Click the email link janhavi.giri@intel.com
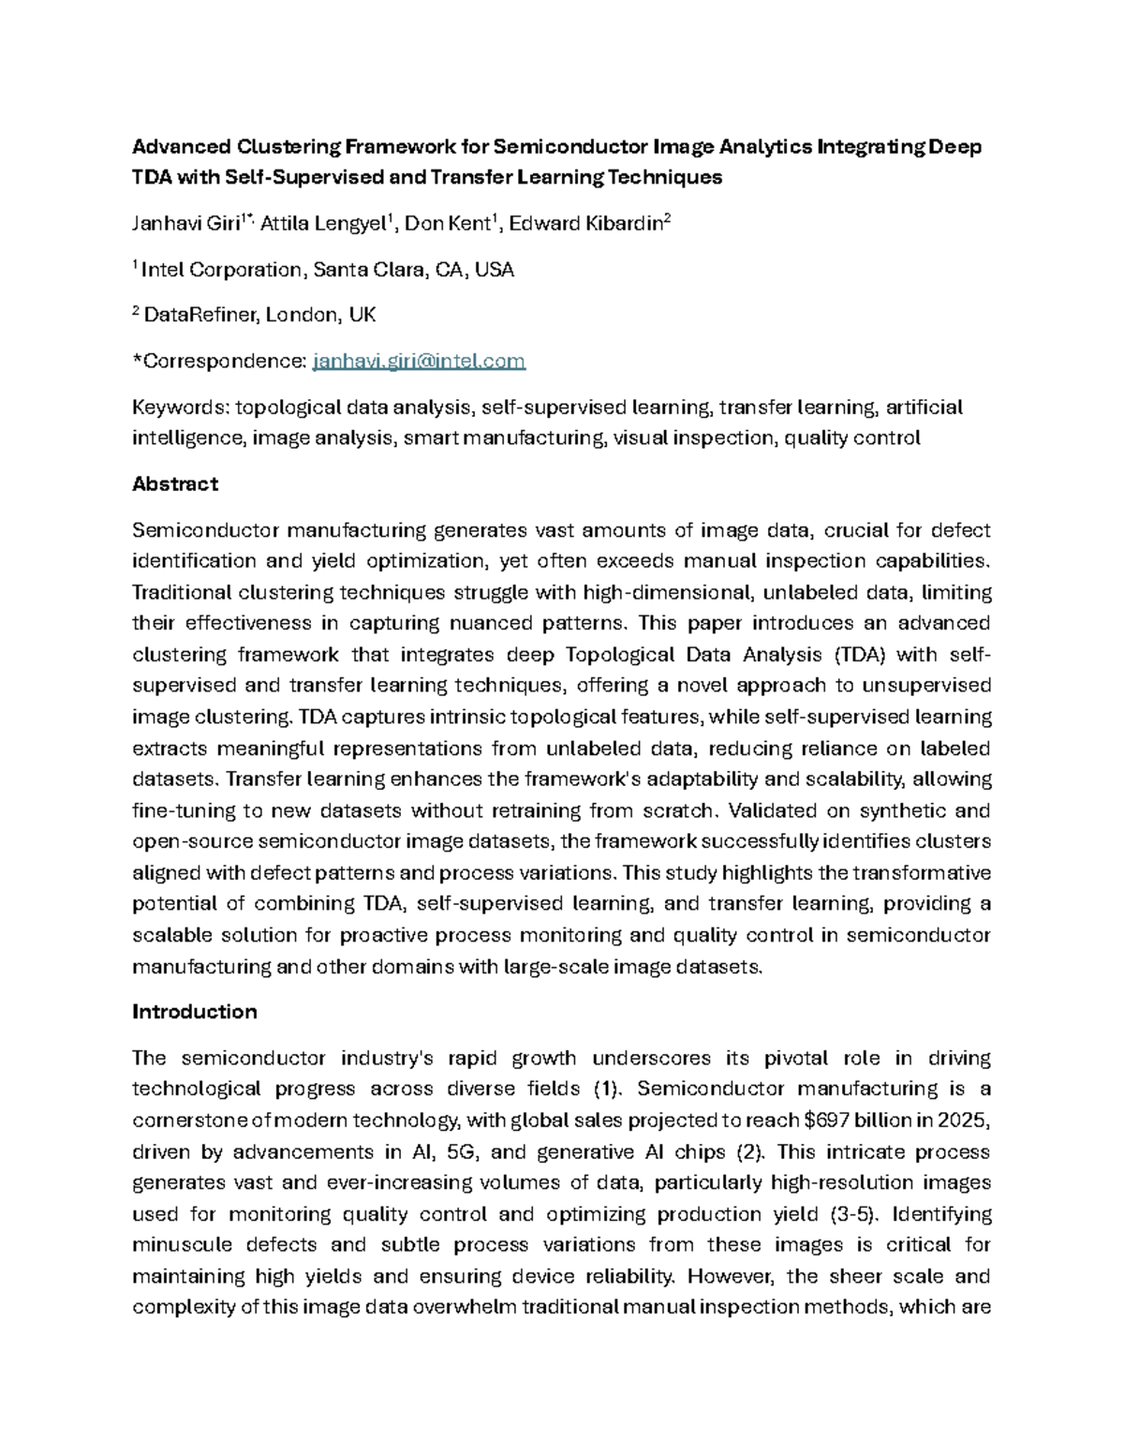click(418, 362)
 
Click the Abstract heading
click(175, 484)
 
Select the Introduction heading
click(195, 1012)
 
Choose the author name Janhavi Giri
click(186, 224)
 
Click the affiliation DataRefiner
click(199, 316)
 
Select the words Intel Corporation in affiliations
click(222, 271)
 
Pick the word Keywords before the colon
click(177, 408)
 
